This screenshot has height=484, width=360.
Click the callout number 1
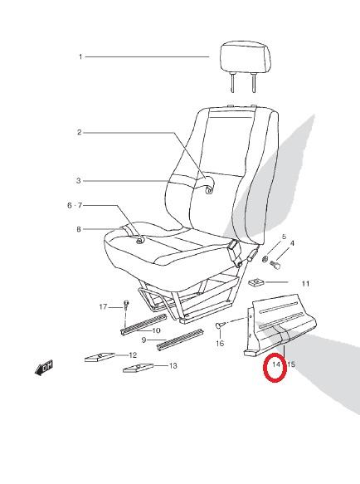[80, 56]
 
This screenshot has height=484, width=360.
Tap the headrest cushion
[246, 59]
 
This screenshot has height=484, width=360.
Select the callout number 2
[80, 133]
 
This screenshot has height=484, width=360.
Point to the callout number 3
[79, 181]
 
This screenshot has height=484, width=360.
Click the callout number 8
[79, 229]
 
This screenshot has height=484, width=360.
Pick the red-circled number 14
[275, 364]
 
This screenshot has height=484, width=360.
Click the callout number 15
[291, 364]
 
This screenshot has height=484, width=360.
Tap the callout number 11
[305, 283]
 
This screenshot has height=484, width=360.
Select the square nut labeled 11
[255, 282]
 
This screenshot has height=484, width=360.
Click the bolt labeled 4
[275, 265]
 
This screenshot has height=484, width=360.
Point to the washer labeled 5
[265, 259]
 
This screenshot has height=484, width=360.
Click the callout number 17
[103, 307]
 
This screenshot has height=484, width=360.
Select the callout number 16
[220, 343]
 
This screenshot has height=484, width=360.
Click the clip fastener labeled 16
[219, 325]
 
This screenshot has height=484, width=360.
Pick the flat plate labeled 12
[100, 357]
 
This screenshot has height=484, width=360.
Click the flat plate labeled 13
[138, 368]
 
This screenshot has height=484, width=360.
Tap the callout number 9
[144, 340]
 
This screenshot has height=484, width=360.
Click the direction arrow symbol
[44, 368]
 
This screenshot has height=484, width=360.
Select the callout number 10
[157, 330]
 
